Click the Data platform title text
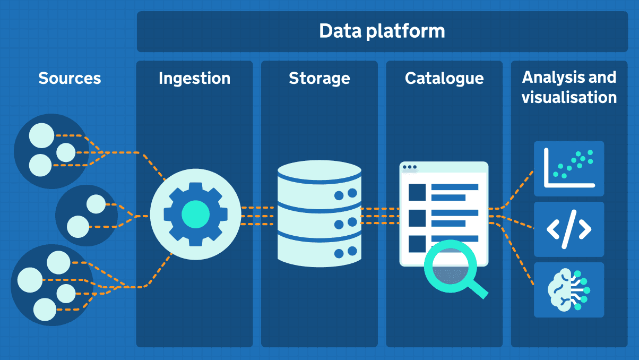pos(382,31)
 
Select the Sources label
pos(70,79)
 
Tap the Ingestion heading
pos(194,79)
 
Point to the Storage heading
pos(319,79)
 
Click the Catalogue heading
pos(444,79)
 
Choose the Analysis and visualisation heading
pos(569,88)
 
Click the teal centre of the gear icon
pos(196,215)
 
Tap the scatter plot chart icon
pos(569,168)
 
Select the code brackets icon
pos(569,229)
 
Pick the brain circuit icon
pos(569,290)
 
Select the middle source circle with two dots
pos(87,216)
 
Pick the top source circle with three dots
pos(50,151)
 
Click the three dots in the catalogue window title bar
pos(409,167)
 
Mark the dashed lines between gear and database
pos(258,216)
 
